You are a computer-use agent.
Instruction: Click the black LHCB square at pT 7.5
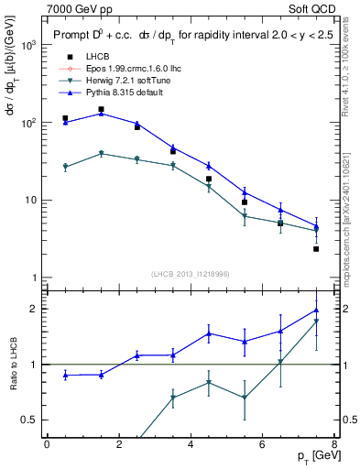(316, 249)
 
